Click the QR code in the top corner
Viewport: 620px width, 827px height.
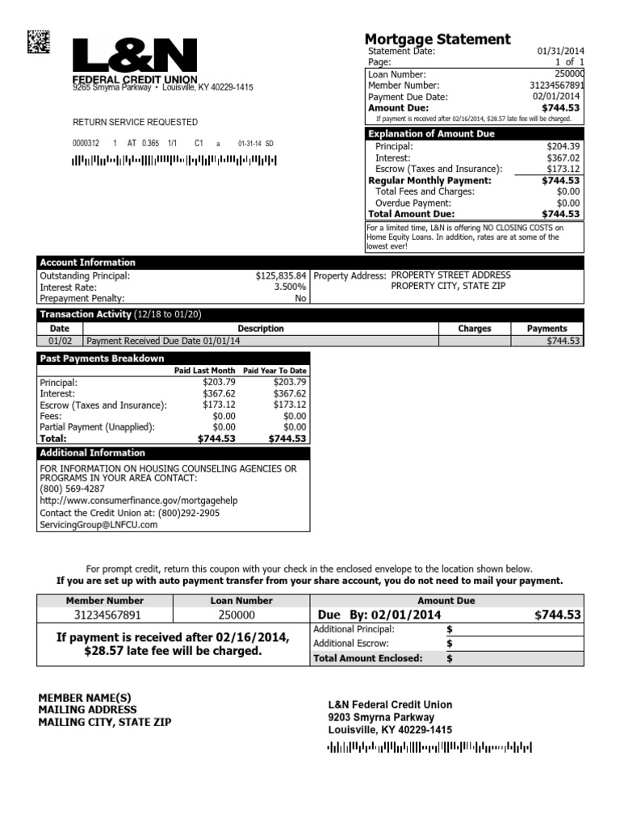point(38,40)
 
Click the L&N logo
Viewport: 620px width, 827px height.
point(135,57)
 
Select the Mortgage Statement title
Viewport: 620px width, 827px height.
point(438,39)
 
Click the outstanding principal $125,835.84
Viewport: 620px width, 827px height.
point(281,275)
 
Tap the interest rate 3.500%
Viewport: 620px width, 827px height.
point(290,287)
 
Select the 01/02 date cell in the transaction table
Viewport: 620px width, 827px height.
point(60,341)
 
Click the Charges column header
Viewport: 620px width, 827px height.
point(475,329)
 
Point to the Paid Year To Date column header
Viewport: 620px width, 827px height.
point(274,371)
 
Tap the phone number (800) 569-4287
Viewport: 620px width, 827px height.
point(72,489)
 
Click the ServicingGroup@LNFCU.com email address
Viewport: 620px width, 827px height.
point(98,524)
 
